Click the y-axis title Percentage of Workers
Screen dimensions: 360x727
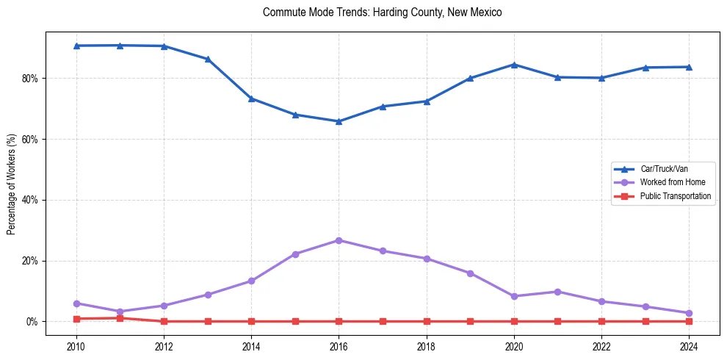[x=11, y=184]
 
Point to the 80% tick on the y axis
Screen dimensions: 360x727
[x=32, y=79]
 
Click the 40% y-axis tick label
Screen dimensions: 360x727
[x=32, y=200]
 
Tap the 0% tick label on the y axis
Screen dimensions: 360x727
[x=35, y=322]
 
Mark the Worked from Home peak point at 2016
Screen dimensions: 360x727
[x=339, y=240]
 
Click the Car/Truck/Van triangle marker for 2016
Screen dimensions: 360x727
[x=339, y=121]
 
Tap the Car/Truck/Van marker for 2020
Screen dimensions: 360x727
[x=514, y=65]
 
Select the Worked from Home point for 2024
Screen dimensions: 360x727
[x=689, y=313]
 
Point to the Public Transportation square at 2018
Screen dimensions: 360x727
[x=426, y=321]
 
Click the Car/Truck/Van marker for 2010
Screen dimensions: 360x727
[x=76, y=46]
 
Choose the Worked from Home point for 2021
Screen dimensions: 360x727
[x=557, y=292]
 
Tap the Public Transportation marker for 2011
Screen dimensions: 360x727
[x=120, y=318]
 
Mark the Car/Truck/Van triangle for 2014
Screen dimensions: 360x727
[x=251, y=98]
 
